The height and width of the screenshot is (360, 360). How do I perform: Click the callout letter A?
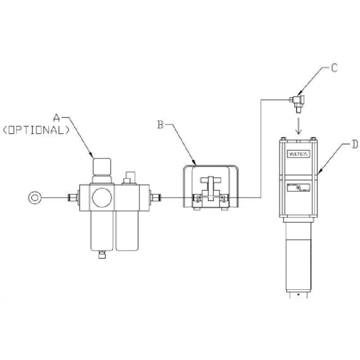pos(57,118)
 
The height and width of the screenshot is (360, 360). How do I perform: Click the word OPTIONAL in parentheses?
pos(36,130)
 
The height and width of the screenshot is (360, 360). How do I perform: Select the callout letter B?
pos(160,125)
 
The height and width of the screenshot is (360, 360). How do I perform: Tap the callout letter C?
pos(334,68)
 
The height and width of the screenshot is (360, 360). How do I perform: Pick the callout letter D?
pos(355,145)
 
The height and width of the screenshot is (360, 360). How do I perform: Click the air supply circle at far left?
pos(35,197)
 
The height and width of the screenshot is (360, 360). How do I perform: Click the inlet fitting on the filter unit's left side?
pos(72,197)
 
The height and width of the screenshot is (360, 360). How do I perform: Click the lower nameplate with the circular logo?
pos(298,188)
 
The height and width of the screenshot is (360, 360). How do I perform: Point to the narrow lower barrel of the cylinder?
pos(298,256)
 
